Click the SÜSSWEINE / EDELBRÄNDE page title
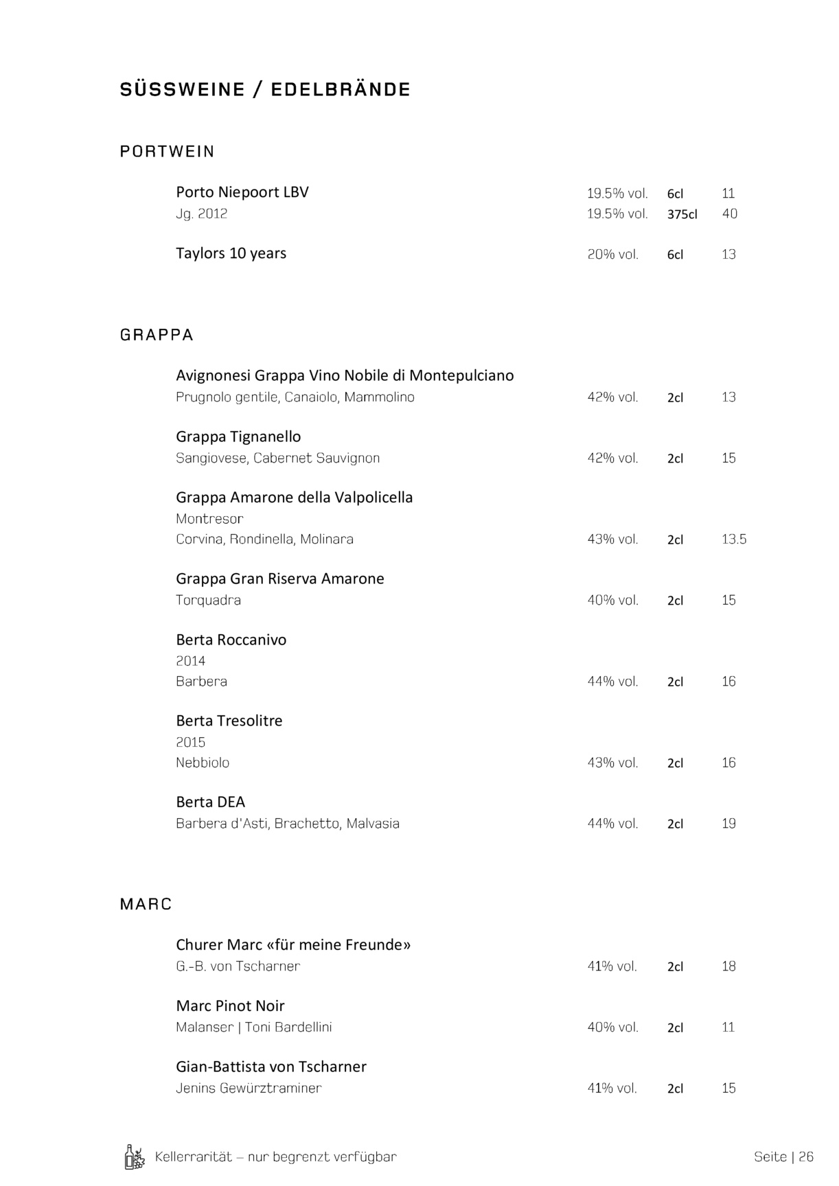pos(265,90)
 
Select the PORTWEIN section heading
pos(168,152)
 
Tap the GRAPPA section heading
pos(157,336)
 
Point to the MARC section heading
pos(146,905)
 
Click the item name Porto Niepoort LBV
pos(242,192)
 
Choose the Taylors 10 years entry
pos(231,253)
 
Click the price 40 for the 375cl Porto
pos(729,214)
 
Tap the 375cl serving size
pos(682,214)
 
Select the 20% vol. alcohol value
pos(612,255)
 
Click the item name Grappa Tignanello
pos(238,437)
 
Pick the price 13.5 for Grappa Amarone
pos(733,539)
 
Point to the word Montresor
pos(209,519)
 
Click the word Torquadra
pos(208,601)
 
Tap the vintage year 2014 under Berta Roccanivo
pos(190,661)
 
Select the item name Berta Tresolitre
pos(229,721)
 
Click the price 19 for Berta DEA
pos(728,824)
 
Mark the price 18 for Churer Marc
pos(728,966)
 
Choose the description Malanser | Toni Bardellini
pos(253,1027)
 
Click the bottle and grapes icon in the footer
pos(134,1156)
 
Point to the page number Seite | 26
pos(783,1157)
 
